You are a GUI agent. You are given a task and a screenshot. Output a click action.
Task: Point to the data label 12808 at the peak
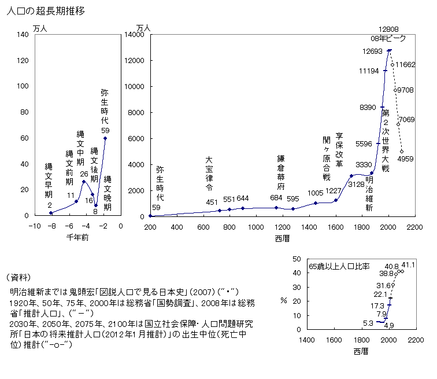coord(388,29)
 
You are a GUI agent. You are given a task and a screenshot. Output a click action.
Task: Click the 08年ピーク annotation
coord(388,38)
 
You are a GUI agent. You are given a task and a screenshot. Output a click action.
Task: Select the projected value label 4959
coord(406,159)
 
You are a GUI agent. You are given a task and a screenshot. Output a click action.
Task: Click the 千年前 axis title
coord(77,237)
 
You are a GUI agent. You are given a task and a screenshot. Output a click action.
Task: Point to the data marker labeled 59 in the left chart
coord(105,138)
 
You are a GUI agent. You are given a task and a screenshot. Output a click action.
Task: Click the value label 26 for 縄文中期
coord(84,174)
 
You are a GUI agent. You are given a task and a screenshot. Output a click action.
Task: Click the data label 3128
coord(356,184)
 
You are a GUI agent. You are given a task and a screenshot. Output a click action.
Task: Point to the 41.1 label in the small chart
coord(409,265)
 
